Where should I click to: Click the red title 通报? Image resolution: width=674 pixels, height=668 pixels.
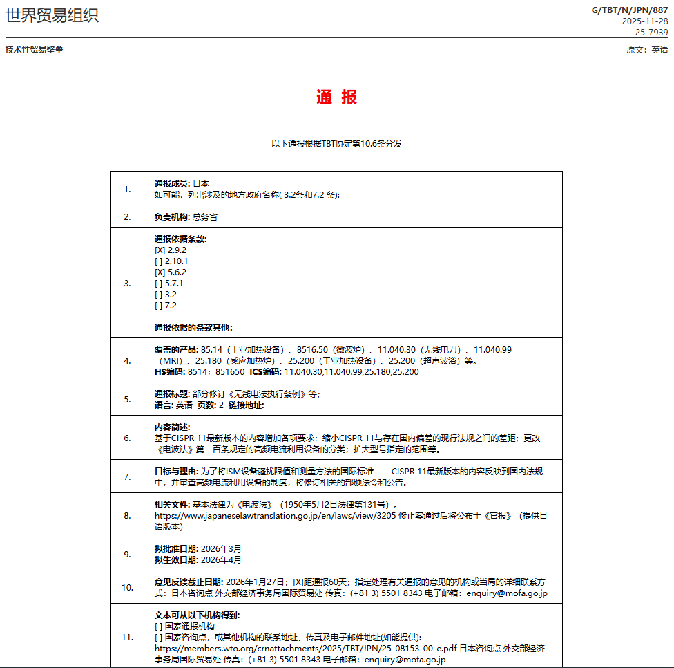[337, 98]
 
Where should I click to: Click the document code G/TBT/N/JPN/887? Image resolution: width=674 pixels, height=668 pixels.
[630, 10]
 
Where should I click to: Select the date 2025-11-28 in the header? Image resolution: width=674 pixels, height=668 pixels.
[645, 21]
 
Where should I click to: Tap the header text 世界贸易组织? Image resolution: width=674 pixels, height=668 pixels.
[52, 15]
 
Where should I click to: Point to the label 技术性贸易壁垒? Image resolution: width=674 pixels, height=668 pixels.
[34, 50]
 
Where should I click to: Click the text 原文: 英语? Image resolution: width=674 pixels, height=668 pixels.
[647, 50]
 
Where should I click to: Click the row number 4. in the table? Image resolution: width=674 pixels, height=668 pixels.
[127, 360]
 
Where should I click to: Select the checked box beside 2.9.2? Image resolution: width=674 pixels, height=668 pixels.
[160, 250]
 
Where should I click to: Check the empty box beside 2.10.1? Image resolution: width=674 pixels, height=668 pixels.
[160, 261]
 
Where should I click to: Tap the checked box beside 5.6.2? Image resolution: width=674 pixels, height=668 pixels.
[160, 272]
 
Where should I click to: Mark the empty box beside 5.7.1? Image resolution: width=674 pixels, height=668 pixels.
[160, 284]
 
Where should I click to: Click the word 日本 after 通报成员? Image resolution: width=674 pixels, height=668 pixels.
[201, 184]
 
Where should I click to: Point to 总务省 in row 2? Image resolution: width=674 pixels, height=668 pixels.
[205, 217]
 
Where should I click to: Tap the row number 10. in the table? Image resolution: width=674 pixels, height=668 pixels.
[127, 587]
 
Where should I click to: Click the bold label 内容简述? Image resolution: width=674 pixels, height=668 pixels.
[172, 427]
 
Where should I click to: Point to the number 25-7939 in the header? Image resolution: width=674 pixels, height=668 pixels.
[651, 32]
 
